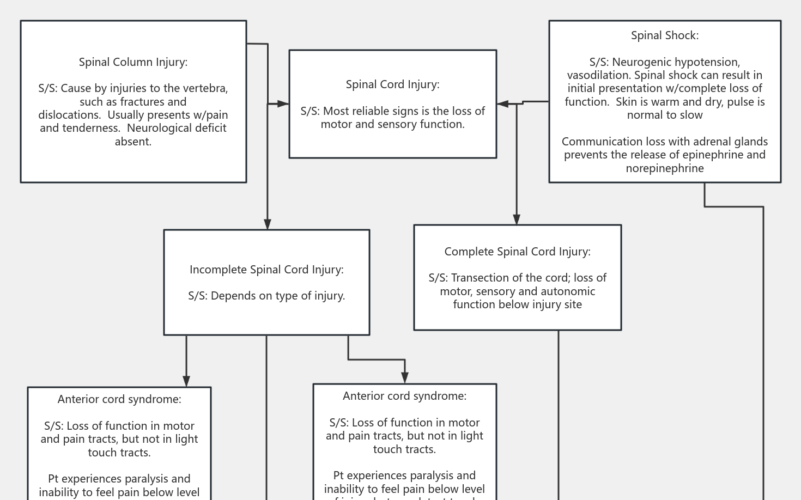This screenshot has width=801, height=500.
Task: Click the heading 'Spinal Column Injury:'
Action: click(x=133, y=62)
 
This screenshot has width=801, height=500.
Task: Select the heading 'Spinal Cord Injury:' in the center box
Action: click(x=392, y=84)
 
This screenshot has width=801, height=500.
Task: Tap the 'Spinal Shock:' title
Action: click(x=664, y=35)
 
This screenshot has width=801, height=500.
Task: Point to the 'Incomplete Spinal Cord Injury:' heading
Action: click(x=266, y=270)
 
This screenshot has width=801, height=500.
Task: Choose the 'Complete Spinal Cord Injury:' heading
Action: click(x=517, y=252)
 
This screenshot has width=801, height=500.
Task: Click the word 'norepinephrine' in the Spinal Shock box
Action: click(x=664, y=168)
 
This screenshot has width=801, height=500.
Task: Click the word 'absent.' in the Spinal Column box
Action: click(x=133, y=142)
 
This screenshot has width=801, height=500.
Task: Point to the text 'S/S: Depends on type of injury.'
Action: click(x=266, y=296)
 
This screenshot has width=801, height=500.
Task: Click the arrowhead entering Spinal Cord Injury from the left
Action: click(x=283, y=103)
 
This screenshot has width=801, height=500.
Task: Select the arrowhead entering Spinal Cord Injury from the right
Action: click(x=502, y=103)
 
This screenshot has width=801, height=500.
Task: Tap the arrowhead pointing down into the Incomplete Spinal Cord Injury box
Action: click(x=267, y=224)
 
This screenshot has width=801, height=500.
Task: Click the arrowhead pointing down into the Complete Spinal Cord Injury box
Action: click(x=517, y=219)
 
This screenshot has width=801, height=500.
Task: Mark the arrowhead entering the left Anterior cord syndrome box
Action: click(x=186, y=381)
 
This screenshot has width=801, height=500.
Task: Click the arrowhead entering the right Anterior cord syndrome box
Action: click(x=405, y=378)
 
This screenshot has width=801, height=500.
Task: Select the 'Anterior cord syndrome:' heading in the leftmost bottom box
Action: click(x=119, y=399)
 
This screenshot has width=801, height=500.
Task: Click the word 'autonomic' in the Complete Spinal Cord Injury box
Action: click(x=568, y=291)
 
